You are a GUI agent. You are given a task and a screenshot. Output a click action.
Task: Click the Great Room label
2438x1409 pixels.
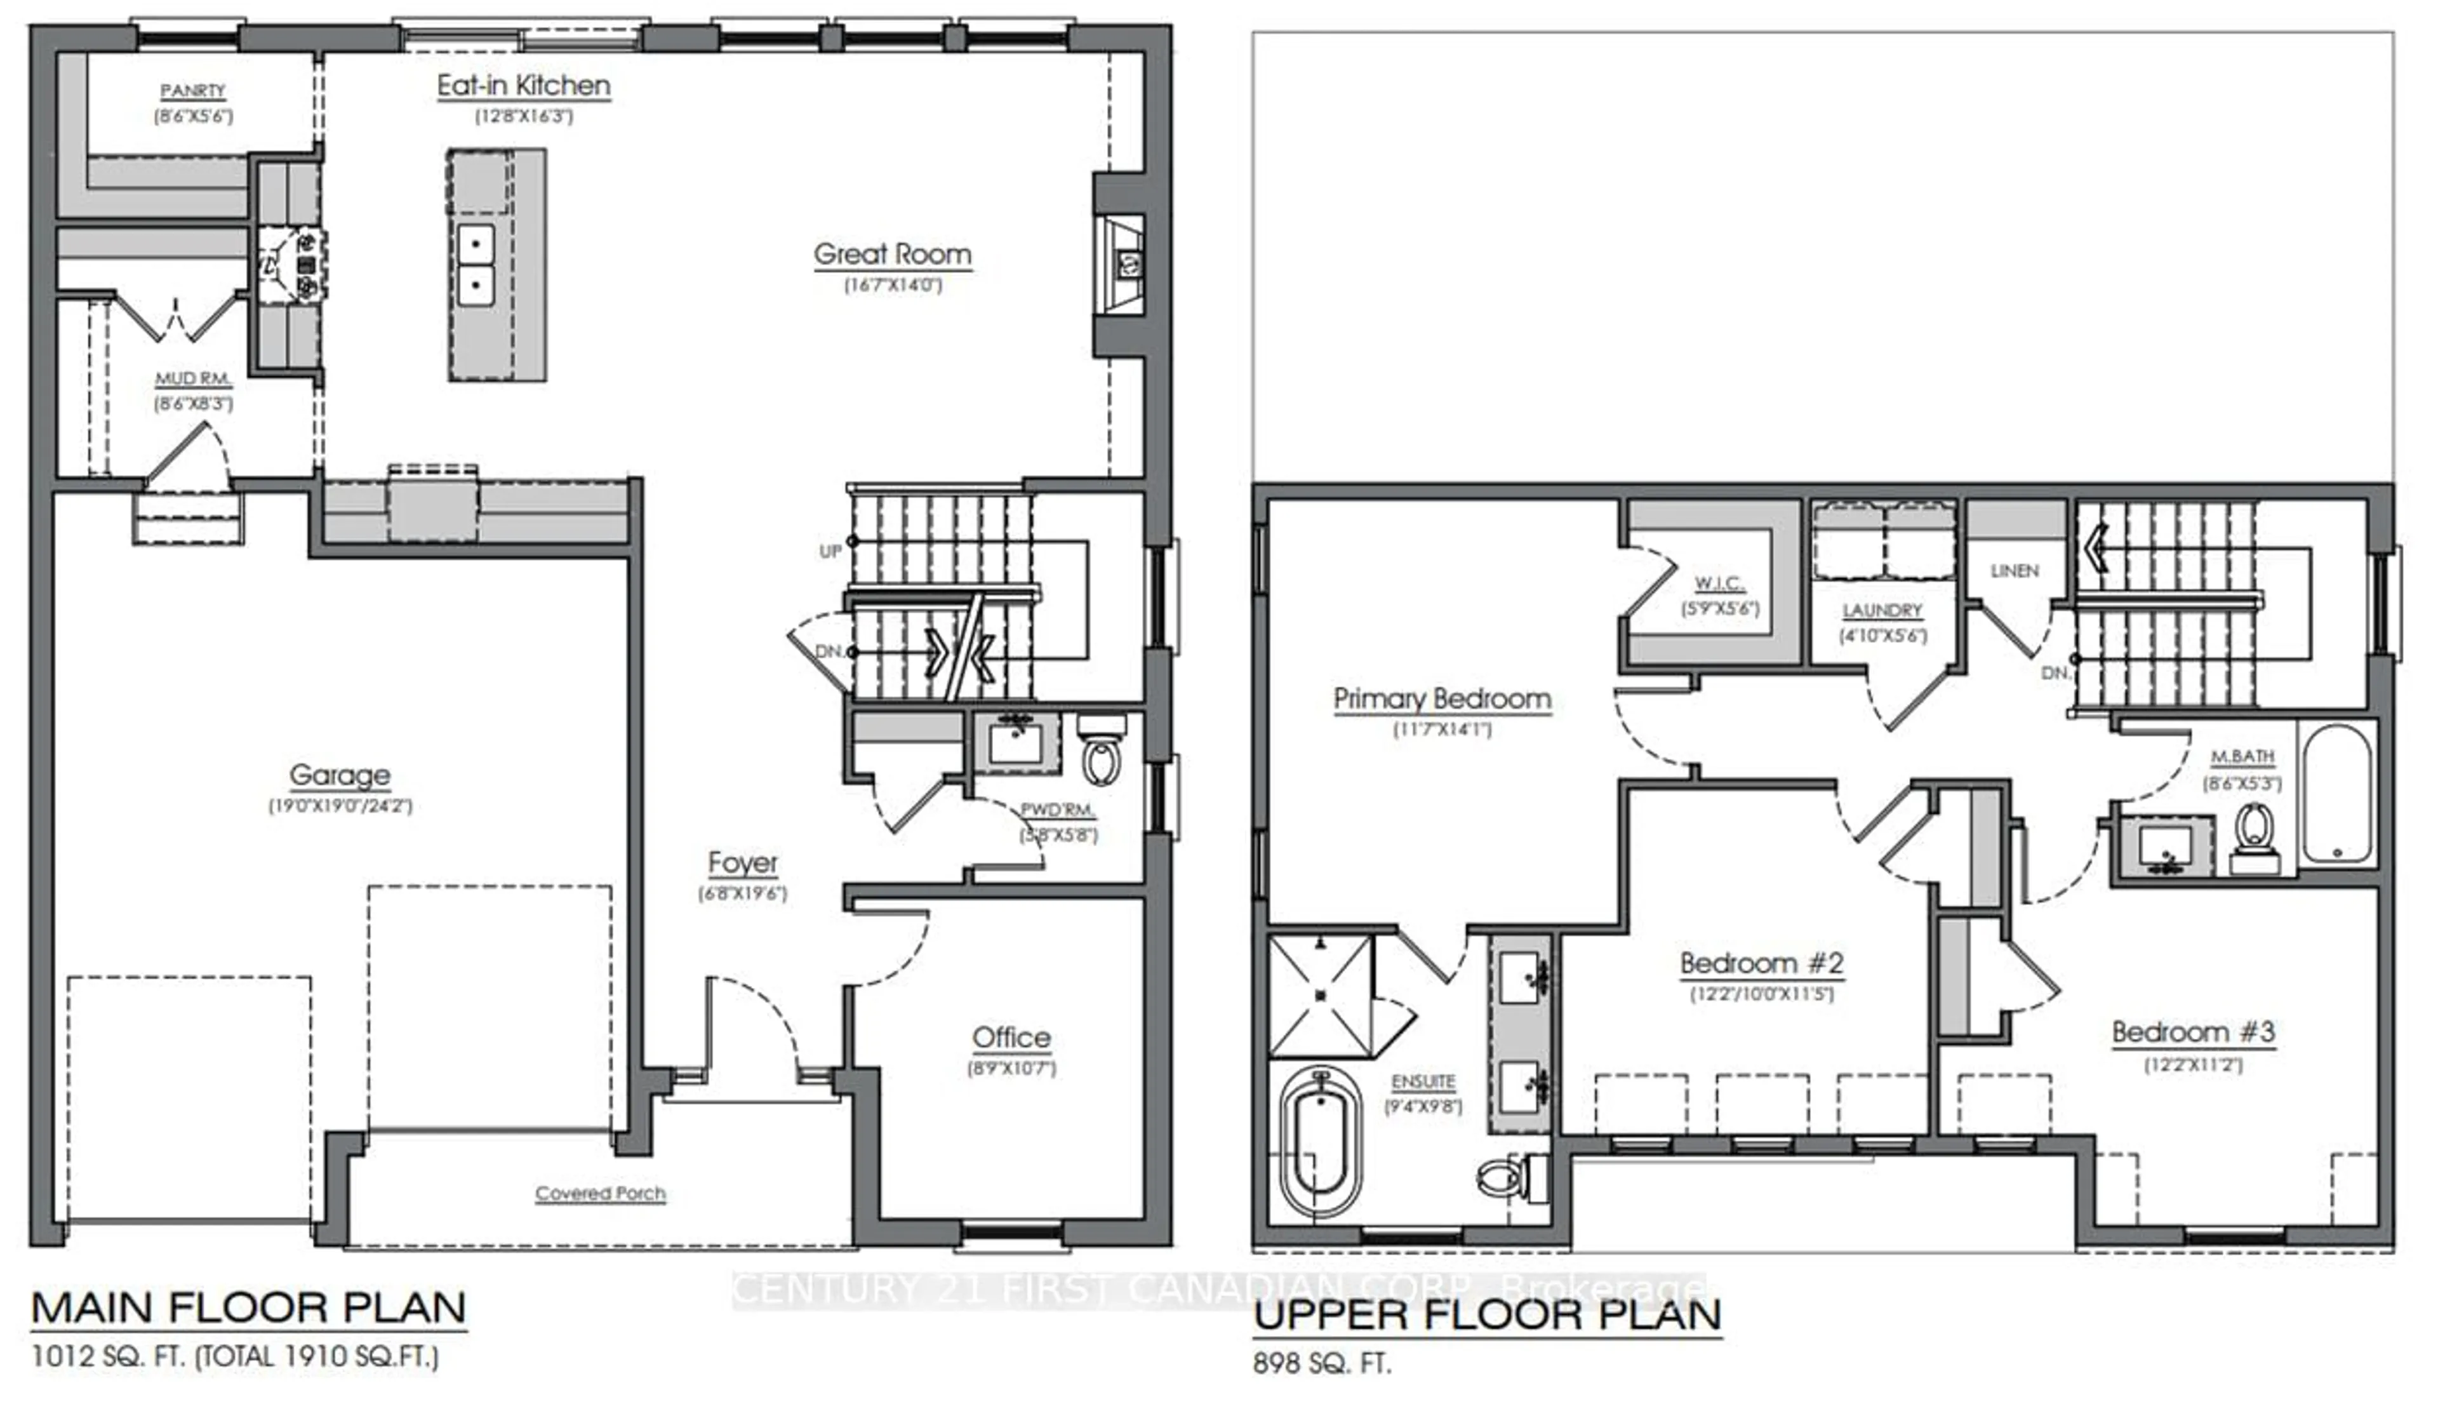click(x=892, y=255)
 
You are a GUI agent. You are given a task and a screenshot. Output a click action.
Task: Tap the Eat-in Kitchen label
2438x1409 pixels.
click(x=523, y=86)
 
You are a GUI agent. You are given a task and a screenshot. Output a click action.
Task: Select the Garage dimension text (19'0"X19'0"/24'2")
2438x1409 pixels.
click(x=340, y=805)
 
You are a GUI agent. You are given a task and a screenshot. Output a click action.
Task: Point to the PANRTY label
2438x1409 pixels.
click(x=192, y=91)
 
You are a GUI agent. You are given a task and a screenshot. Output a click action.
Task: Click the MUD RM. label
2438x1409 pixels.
click(x=192, y=379)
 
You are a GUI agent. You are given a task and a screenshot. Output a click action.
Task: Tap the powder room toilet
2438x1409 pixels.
click(x=1101, y=756)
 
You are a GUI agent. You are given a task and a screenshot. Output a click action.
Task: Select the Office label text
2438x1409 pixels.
click(x=1011, y=1038)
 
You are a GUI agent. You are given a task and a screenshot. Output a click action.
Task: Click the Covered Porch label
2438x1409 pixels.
click(x=600, y=1193)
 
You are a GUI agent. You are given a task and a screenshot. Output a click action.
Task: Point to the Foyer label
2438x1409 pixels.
click(x=742, y=863)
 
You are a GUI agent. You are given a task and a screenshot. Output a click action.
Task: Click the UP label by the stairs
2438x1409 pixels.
click(x=830, y=552)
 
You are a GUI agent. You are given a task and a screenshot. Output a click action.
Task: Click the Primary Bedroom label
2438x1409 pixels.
click(x=1441, y=698)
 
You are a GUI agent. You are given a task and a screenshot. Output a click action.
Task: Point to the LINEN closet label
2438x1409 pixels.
click(x=2015, y=571)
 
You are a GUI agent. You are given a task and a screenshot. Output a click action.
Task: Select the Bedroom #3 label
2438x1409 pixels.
click(x=2192, y=1032)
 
